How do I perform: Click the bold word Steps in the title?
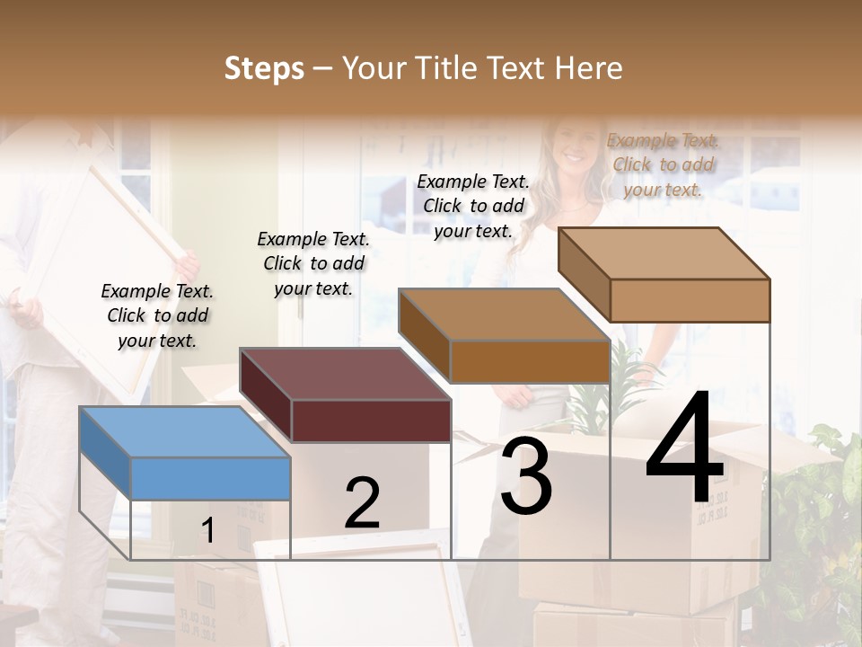[264, 68]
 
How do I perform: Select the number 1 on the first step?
[207, 531]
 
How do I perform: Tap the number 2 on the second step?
[362, 504]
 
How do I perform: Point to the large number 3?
[526, 476]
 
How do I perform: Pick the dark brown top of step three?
[503, 315]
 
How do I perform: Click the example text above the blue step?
[157, 315]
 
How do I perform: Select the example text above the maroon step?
[313, 263]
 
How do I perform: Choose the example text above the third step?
[473, 206]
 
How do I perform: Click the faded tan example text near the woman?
[663, 164]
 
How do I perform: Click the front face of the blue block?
[210, 478]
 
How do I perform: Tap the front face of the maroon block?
[371, 421]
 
